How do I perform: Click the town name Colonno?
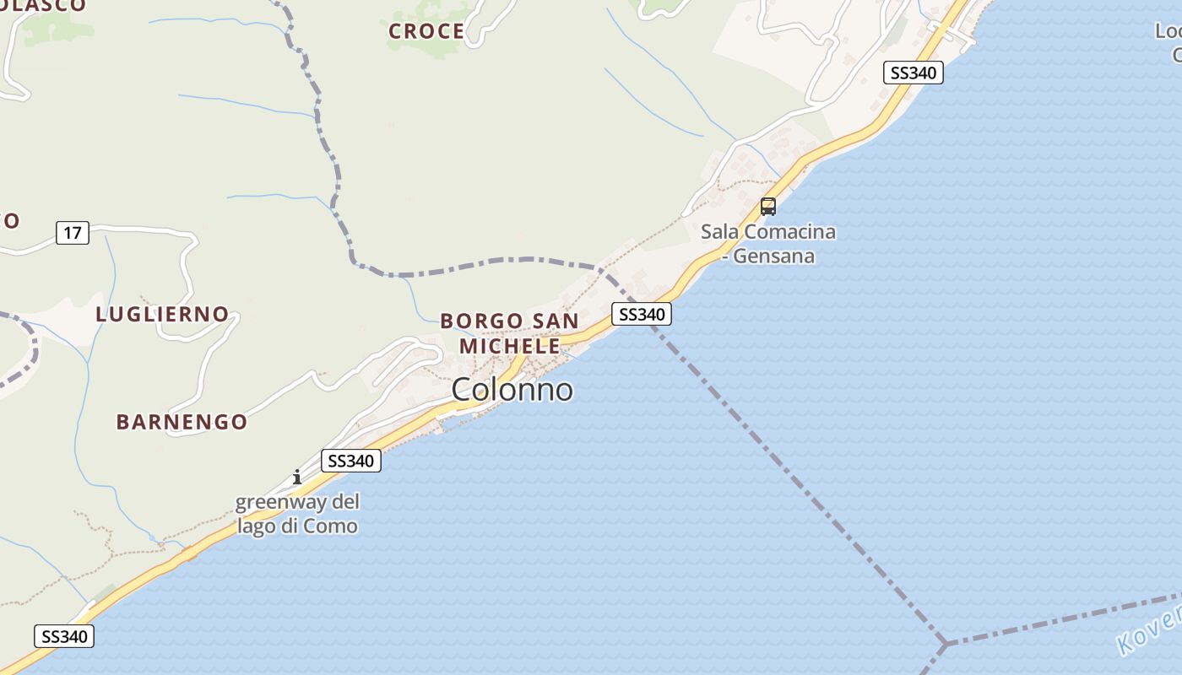click(512, 390)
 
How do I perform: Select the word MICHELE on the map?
click(510, 346)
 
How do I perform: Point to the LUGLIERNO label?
click(162, 315)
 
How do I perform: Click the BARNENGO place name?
click(182, 422)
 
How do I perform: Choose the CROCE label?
click(426, 32)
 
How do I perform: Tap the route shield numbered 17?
click(73, 232)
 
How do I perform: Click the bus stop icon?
click(767, 206)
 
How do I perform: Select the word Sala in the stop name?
click(719, 231)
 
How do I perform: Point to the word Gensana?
click(773, 256)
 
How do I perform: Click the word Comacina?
click(789, 231)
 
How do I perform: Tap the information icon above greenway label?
click(296, 477)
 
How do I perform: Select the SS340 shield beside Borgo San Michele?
click(642, 314)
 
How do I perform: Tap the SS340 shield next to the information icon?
click(351, 461)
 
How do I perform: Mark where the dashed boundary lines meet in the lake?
click(946, 644)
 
